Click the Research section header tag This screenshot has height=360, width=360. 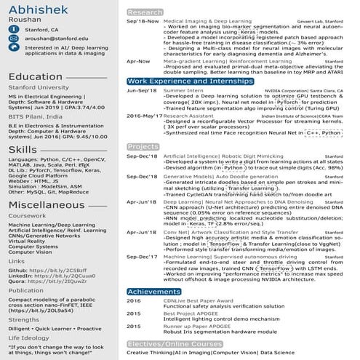145,12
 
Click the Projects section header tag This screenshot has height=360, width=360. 143,146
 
